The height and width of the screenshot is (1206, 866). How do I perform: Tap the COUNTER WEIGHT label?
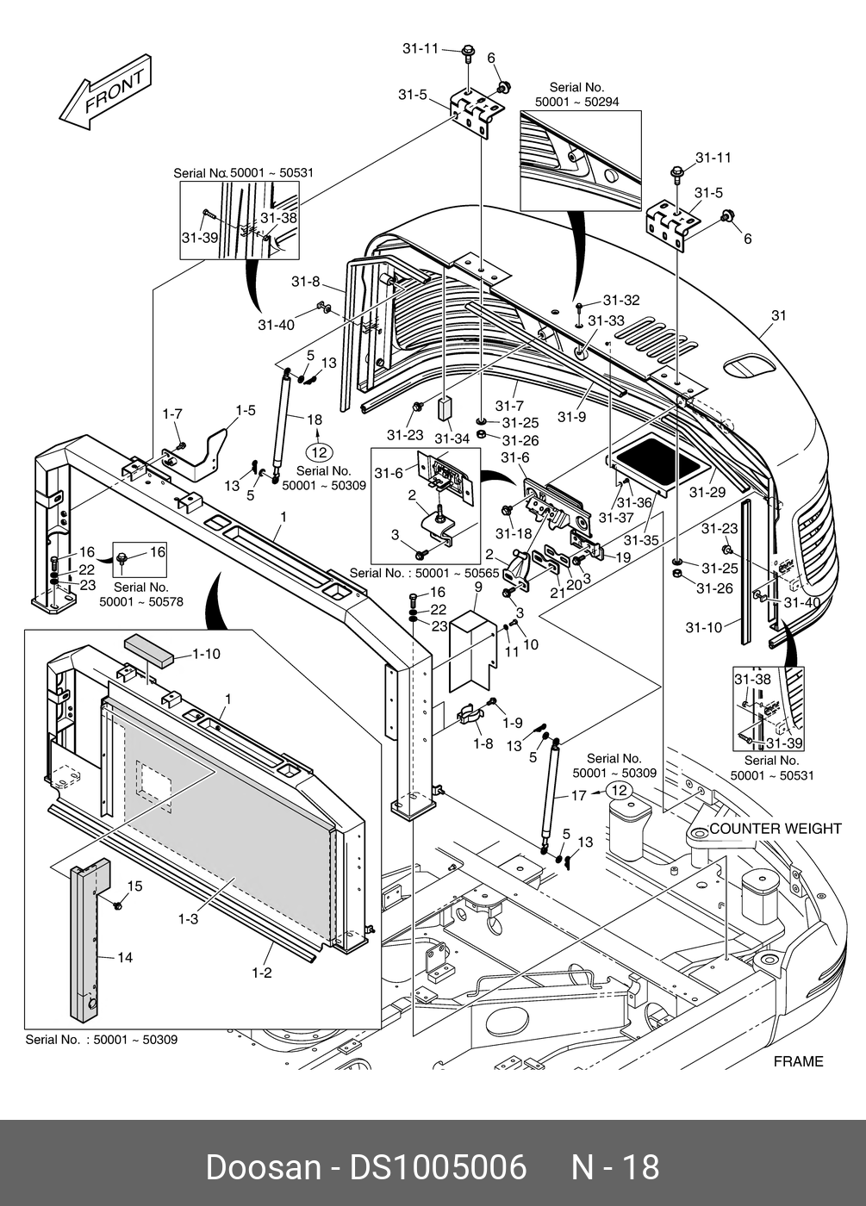tap(775, 829)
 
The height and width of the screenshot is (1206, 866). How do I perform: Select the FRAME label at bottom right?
tap(798, 1061)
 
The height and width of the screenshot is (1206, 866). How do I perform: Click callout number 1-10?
tap(206, 654)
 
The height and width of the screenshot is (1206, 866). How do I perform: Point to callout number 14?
tap(125, 957)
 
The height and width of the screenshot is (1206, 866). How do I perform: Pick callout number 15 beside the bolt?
tap(135, 886)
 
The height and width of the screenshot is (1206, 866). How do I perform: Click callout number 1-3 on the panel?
tap(189, 919)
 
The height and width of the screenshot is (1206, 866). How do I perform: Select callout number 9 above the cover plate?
tap(477, 587)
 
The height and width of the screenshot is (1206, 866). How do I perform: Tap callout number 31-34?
tap(452, 438)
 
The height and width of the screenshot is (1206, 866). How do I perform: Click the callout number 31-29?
tap(707, 492)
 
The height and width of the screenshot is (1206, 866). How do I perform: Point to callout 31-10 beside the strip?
tap(703, 627)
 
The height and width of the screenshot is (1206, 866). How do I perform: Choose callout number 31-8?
tap(305, 282)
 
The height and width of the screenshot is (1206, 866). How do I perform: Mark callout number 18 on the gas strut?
tap(315, 419)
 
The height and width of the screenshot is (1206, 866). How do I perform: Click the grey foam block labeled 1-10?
tap(150, 647)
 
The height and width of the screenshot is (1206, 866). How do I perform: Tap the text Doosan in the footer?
tap(263, 1167)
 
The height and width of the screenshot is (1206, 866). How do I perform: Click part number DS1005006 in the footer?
tap(437, 1167)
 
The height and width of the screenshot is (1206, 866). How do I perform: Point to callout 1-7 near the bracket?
tap(172, 414)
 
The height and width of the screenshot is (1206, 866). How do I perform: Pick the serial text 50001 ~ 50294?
tap(576, 102)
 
